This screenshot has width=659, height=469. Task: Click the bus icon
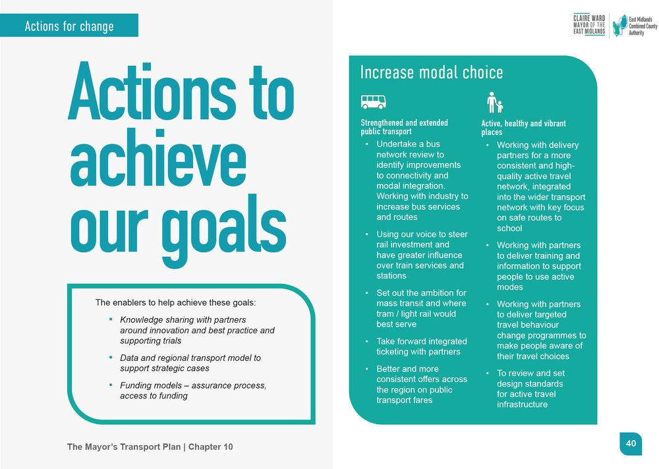(373, 101)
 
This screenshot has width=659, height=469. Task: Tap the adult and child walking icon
(494, 102)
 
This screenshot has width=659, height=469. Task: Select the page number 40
(631, 444)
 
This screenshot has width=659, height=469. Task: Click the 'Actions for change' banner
(69, 26)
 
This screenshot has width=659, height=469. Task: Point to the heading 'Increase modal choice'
(431, 72)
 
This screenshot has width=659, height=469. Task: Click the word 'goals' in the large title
(224, 227)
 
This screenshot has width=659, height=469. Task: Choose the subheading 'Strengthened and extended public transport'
(404, 127)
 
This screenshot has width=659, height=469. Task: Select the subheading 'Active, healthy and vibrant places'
(523, 128)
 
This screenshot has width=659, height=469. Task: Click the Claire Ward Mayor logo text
(588, 24)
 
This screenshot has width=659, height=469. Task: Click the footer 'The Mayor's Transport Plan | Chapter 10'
(150, 447)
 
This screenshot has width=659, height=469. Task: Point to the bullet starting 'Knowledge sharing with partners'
(196, 330)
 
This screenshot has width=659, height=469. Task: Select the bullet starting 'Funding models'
(192, 390)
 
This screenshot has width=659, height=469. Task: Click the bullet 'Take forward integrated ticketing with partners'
(421, 346)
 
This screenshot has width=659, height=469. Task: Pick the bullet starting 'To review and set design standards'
(530, 389)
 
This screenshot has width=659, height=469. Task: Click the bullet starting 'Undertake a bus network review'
(422, 180)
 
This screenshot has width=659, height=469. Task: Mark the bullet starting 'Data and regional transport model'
(190, 363)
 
